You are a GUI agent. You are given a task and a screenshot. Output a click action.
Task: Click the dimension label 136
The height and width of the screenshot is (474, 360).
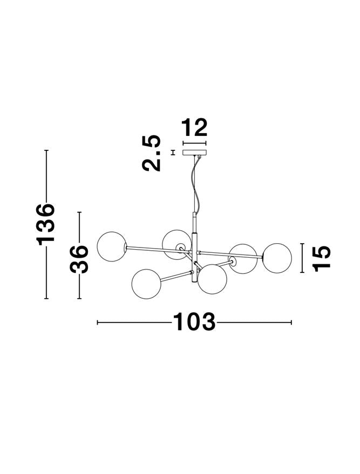click(x=46, y=224)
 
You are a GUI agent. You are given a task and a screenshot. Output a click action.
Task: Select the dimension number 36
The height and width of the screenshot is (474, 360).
click(x=79, y=259)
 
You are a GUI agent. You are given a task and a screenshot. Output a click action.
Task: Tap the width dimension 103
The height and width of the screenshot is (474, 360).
click(x=194, y=322)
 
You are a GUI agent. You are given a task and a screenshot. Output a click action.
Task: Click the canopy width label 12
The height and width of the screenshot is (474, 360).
click(x=194, y=128)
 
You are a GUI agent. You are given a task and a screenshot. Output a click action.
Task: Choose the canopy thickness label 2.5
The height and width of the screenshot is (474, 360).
click(x=152, y=153)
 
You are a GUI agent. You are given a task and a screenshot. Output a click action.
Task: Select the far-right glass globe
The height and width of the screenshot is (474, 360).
click(x=277, y=257)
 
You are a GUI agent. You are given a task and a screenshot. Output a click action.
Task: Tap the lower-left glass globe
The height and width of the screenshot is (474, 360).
click(x=146, y=281)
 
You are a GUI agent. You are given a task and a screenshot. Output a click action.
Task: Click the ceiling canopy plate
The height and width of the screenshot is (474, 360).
click(x=195, y=153)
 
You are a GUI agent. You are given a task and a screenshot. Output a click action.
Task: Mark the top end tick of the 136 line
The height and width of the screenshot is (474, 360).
click(x=46, y=150)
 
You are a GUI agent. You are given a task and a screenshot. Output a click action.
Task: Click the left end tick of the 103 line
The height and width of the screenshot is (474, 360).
click(x=97, y=322)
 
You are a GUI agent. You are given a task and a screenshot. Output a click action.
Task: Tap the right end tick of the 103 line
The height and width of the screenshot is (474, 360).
click(x=291, y=322)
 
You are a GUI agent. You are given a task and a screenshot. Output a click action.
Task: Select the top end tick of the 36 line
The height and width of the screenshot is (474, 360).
click(x=79, y=212)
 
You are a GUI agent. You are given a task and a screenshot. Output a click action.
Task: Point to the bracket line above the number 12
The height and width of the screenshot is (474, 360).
click(x=195, y=143)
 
